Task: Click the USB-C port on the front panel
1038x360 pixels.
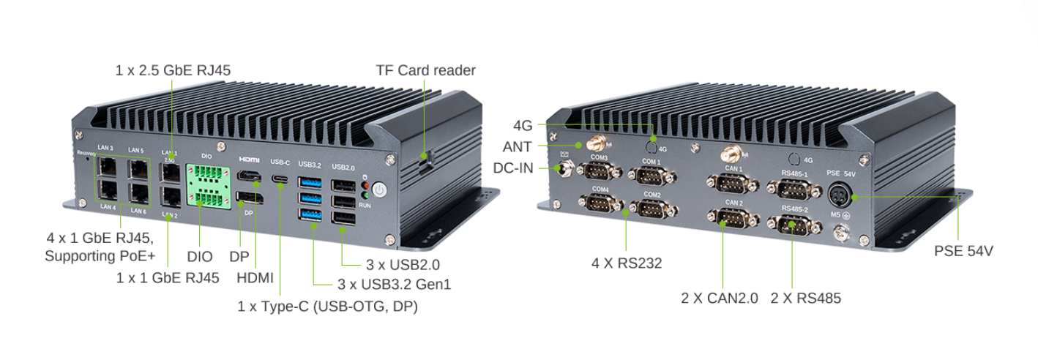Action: pyautogui.click(x=280, y=179)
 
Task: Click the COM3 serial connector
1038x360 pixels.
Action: pyautogui.click(x=599, y=172)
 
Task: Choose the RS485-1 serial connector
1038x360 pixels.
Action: pyautogui.click(x=793, y=189)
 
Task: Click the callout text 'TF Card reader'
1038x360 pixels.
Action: pyautogui.click(x=425, y=70)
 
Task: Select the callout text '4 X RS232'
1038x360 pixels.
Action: pyautogui.click(x=627, y=263)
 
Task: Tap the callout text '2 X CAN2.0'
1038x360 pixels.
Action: pyautogui.click(x=719, y=299)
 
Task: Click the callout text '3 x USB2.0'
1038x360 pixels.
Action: pyautogui.click(x=403, y=264)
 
